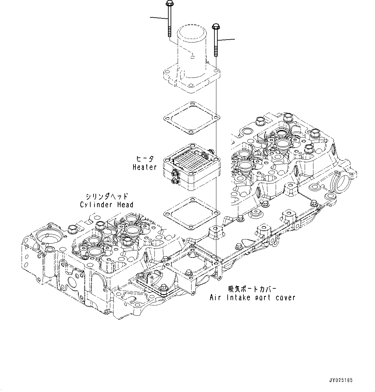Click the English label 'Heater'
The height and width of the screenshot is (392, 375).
144,167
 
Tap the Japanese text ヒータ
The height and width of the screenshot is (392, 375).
144,159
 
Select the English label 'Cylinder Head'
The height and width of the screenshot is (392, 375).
106,205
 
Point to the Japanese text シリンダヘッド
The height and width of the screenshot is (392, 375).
106,196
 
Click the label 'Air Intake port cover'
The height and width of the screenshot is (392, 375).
252,298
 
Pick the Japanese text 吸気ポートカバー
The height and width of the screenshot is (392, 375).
252,289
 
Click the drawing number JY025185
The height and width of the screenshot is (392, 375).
341,380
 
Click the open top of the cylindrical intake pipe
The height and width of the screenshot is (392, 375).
192,32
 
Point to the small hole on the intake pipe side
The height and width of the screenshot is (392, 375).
192,57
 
